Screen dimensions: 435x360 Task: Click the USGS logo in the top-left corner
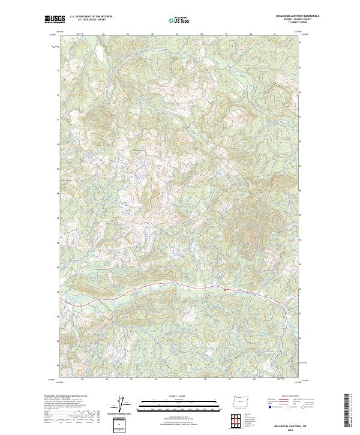coord(55,20)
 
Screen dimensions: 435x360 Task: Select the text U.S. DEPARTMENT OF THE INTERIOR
coord(91,17)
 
